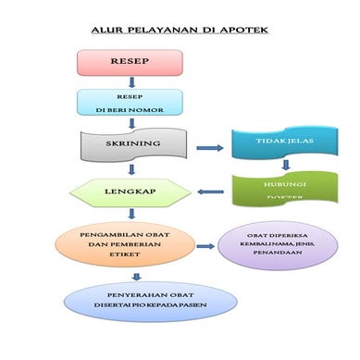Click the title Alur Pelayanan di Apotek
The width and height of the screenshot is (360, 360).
pos(180,31)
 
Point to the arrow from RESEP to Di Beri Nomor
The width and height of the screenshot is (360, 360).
pos(131,81)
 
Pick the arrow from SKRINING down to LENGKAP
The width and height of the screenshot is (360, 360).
pos(132,168)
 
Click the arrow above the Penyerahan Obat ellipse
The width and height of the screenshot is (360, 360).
pos(137,276)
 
